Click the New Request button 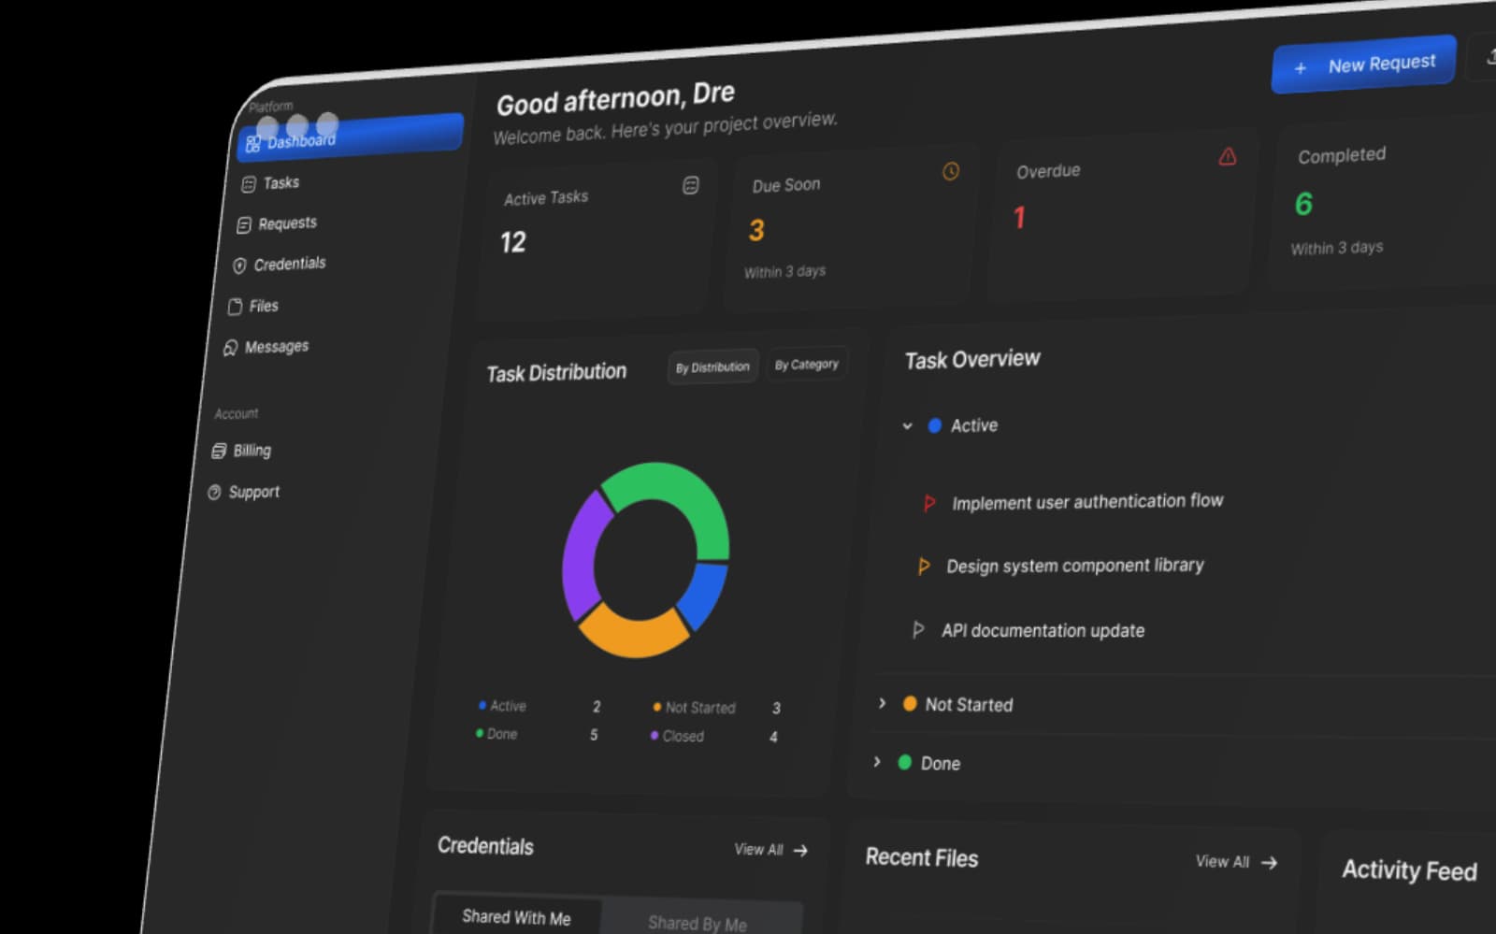[1363, 65]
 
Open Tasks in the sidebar [270, 183]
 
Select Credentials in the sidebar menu [280, 265]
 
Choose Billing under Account [241, 451]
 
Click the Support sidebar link [243, 492]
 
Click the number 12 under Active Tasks [513, 242]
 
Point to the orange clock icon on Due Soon [951, 172]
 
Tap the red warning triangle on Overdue [1228, 156]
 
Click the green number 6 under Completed [1303, 204]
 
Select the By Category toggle [807, 365]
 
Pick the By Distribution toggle [712, 367]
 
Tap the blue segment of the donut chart [705, 595]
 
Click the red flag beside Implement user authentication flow [928, 503]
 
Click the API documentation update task [1043, 631]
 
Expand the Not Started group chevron [883, 703]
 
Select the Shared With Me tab [516, 917]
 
